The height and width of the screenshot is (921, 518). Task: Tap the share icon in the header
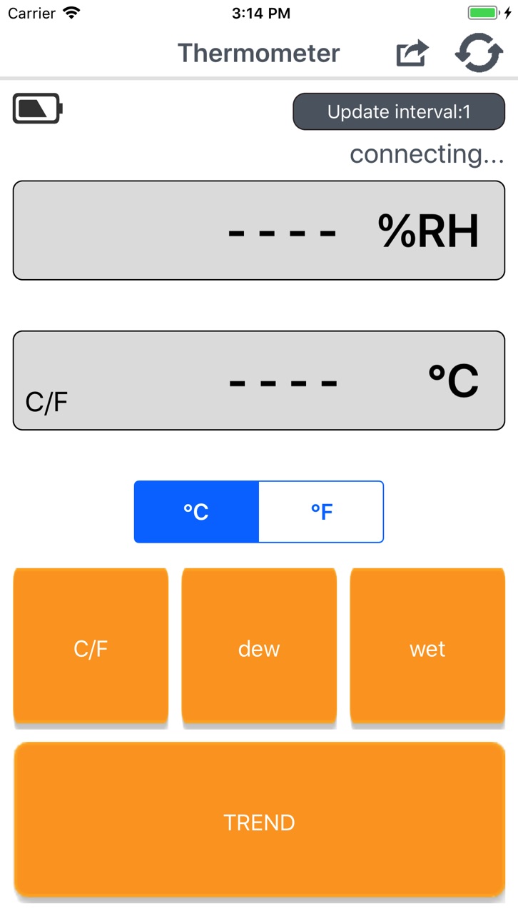click(412, 53)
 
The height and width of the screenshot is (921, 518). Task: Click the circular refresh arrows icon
click(479, 53)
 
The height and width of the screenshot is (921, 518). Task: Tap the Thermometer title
click(259, 53)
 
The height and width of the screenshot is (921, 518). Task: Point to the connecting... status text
click(427, 154)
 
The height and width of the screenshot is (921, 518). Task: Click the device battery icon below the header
click(37, 108)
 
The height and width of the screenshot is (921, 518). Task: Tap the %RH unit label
click(428, 231)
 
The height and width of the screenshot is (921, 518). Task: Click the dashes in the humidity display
click(283, 233)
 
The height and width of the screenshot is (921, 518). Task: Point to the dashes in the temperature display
click(283, 383)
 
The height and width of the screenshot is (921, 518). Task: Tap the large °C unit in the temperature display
click(454, 381)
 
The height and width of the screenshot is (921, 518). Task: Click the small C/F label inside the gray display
click(46, 402)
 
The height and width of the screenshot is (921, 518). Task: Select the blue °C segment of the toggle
click(196, 511)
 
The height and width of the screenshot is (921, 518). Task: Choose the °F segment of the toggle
click(321, 511)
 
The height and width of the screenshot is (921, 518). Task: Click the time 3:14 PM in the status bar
click(261, 13)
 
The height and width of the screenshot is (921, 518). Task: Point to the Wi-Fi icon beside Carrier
click(71, 13)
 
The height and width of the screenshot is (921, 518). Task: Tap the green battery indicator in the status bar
click(484, 13)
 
